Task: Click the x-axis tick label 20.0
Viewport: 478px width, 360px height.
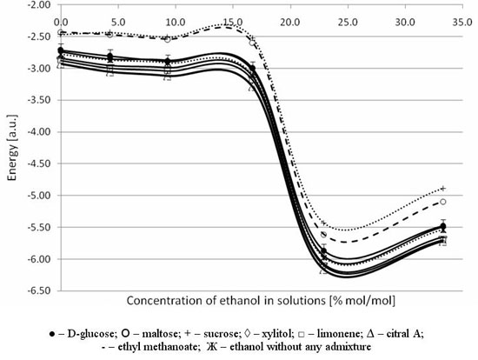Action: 290,23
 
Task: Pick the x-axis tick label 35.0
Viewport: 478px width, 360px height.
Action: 462,23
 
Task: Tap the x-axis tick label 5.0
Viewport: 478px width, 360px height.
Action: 118,23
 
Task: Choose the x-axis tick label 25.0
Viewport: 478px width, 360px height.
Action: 348,23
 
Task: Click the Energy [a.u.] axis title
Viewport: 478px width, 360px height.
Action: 12,148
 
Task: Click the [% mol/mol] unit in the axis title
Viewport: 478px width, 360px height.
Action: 362,301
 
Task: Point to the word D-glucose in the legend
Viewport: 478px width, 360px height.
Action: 91,334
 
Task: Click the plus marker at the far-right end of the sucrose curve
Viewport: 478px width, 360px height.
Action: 443,189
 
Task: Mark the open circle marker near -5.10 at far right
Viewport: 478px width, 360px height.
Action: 443,202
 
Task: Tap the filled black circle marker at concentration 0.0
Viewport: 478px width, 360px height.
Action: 61,50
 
